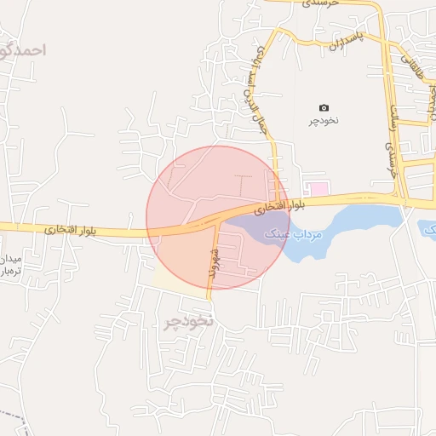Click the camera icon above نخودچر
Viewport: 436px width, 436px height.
[324, 107]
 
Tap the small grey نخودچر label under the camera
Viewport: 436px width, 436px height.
[324, 120]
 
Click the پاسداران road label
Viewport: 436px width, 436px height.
[347, 39]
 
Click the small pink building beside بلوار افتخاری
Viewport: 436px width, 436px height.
[318, 187]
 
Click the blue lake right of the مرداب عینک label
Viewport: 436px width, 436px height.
[358, 219]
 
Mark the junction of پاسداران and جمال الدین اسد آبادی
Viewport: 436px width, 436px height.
[276, 32]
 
